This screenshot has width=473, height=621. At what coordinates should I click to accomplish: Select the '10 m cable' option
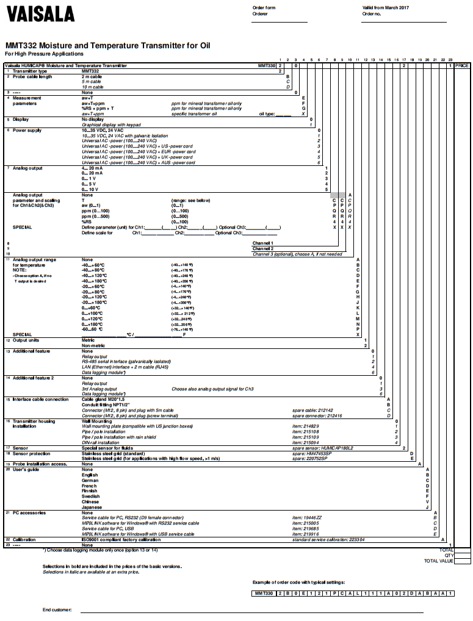(92, 87)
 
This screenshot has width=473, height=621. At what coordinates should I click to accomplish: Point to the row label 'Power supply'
(27, 131)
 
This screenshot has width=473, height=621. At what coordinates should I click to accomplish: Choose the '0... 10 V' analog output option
(90, 189)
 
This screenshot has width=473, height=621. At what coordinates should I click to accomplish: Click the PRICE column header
(461, 65)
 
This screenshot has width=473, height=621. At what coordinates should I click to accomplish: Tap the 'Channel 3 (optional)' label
(297, 254)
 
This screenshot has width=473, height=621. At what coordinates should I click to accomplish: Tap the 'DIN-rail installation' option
(102, 442)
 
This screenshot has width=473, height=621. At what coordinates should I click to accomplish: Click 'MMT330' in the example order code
(263, 593)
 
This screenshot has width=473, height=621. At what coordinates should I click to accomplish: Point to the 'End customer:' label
(56, 609)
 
